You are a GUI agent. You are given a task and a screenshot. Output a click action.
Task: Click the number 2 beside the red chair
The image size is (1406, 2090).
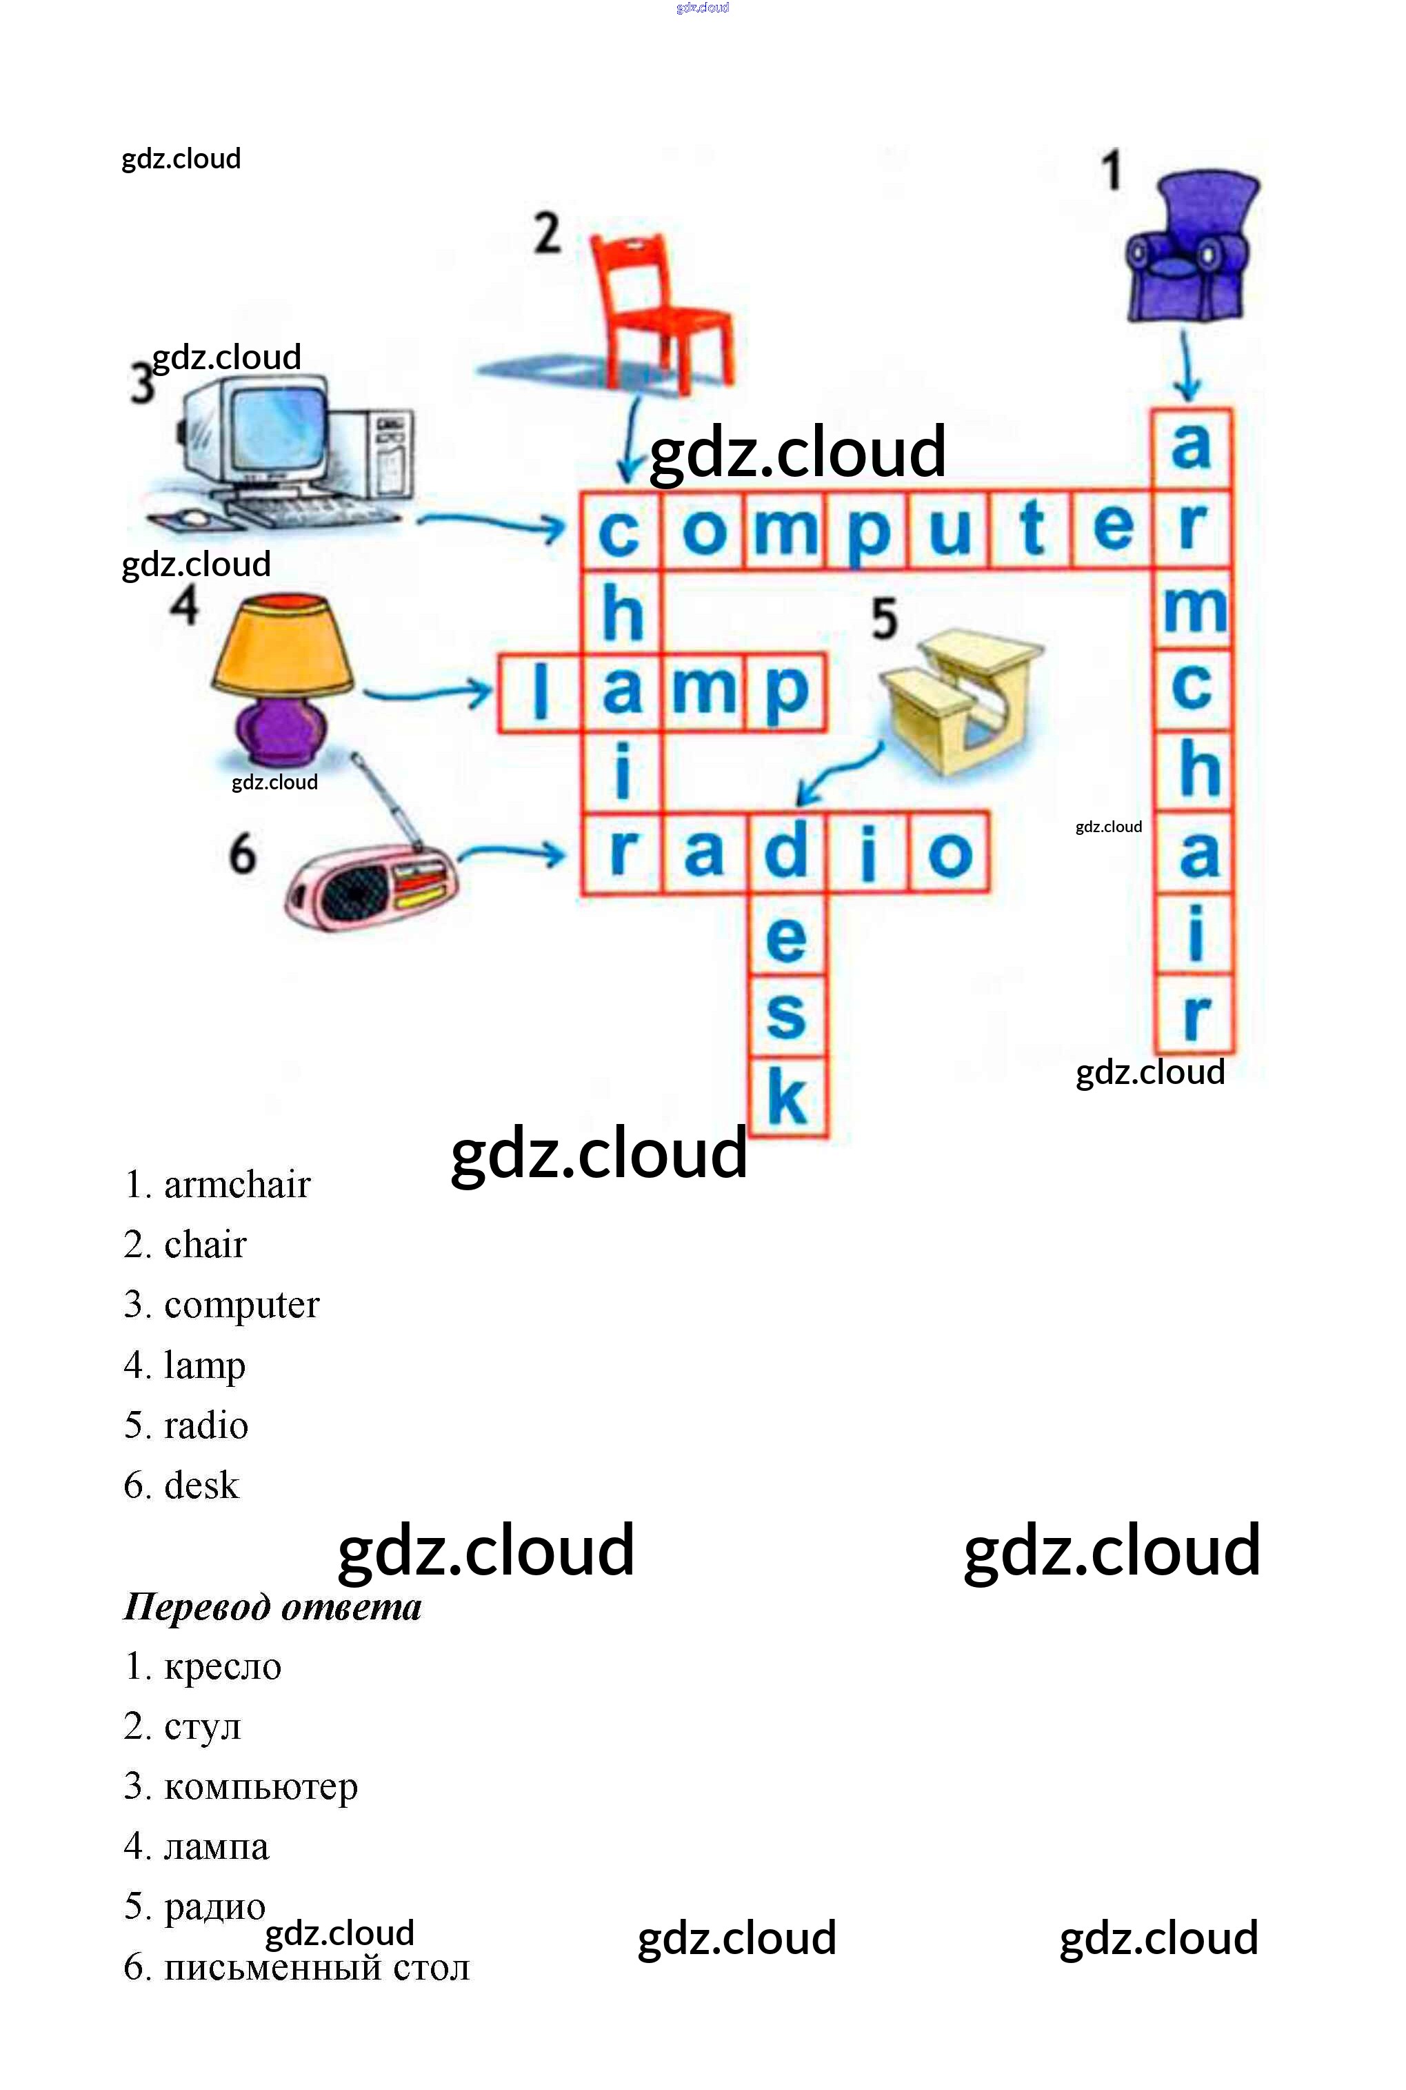pos(547,233)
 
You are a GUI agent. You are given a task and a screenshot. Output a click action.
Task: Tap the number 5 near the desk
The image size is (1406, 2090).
pos(884,619)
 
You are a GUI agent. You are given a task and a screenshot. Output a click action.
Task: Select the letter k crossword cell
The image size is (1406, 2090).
pos(787,1097)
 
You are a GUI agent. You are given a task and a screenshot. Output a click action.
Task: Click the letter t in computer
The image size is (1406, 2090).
pos(1031,529)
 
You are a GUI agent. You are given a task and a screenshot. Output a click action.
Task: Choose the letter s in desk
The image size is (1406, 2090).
pos(787,1016)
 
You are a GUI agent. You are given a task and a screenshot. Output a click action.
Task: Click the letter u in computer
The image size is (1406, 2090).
pos(950,529)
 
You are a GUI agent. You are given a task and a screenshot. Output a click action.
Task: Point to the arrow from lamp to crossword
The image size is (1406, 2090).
pos(427,693)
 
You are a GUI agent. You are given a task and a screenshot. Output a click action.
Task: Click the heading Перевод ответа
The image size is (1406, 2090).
pos(272,1606)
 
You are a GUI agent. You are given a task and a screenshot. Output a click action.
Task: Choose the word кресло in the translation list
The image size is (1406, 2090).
pos(222,1666)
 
